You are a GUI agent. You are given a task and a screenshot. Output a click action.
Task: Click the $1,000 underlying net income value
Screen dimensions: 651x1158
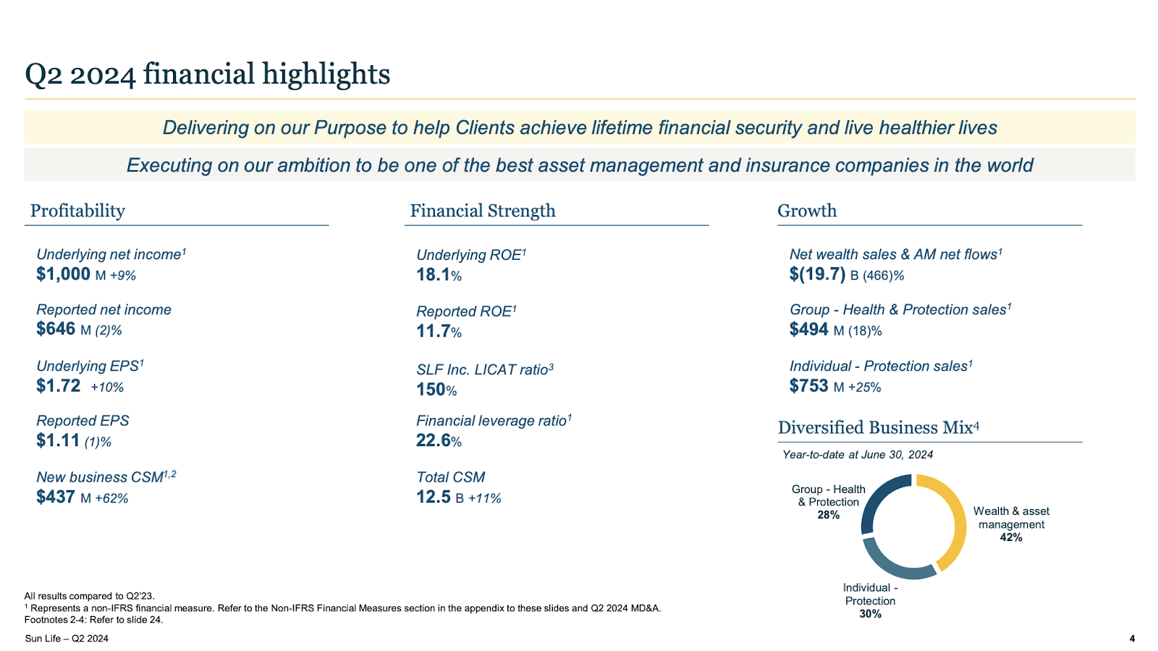tap(64, 274)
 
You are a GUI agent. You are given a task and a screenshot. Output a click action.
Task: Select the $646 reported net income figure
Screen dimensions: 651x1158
tap(56, 329)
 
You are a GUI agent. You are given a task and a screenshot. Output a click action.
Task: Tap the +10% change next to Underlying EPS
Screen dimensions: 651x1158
tap(107, 387)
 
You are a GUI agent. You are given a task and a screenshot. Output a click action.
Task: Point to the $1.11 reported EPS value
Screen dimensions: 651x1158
tap(58, 440)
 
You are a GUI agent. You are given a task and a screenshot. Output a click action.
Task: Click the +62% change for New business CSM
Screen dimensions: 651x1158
tap(111, 498)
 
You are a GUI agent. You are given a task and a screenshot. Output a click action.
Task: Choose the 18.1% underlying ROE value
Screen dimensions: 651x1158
tap(439, 275)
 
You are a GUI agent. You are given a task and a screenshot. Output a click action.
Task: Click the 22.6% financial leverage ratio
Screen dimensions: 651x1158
tap(439, 440)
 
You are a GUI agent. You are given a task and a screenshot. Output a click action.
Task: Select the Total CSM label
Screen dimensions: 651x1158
tap(450, 477)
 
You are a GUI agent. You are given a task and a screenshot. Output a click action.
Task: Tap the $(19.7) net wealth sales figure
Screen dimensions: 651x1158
tap(817, 274)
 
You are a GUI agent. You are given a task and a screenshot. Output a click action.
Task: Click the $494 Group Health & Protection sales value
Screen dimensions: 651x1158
tap(808, 329)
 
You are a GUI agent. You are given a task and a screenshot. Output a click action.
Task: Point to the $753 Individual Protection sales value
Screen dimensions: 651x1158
tap(808, 386)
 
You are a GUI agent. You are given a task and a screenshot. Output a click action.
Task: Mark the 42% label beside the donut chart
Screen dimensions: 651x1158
tap(1011, 537)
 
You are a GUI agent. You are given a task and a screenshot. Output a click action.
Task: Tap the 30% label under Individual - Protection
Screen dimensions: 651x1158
tap(870, 614)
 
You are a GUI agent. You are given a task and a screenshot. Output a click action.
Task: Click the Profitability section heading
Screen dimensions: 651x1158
tap(77, 211)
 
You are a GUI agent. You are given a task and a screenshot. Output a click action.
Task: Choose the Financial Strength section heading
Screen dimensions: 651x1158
tap(483, 211)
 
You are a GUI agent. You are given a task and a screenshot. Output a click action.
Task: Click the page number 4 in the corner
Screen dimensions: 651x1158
tap(1132, 638)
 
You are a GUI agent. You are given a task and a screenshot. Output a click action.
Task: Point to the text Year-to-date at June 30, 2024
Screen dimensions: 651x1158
tap(858, 455)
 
